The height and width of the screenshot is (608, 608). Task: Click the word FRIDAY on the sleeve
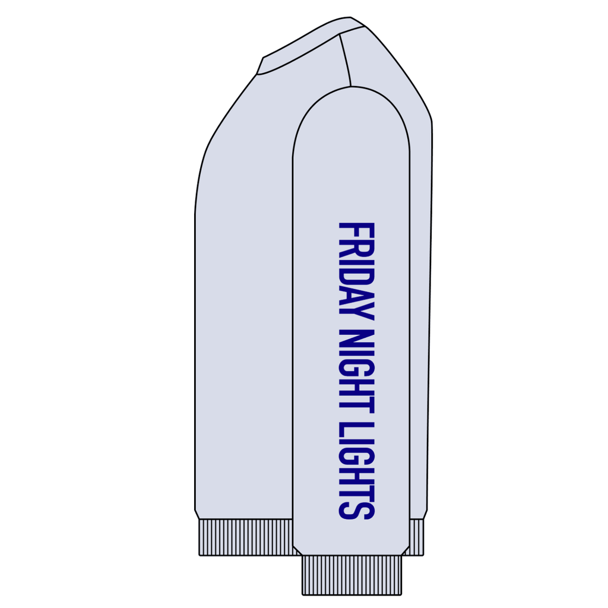click(357, 271)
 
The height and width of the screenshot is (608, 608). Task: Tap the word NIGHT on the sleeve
click(357, 370)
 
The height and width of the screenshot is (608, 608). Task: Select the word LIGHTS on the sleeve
click(357, 471)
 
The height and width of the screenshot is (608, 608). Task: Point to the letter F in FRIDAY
click(357, 230)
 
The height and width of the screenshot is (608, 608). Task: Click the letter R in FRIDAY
click(357, 248)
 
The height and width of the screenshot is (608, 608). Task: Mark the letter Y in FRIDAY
click(357, 312)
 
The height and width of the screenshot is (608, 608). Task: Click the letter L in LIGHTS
click(357, 429)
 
